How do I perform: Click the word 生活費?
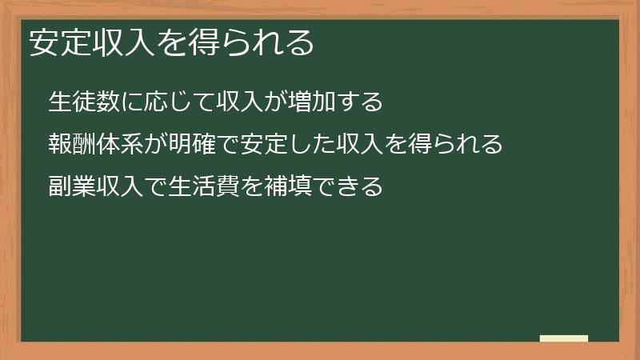click(x=193, y=187)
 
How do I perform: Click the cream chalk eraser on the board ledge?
click(x=564, y=338)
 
